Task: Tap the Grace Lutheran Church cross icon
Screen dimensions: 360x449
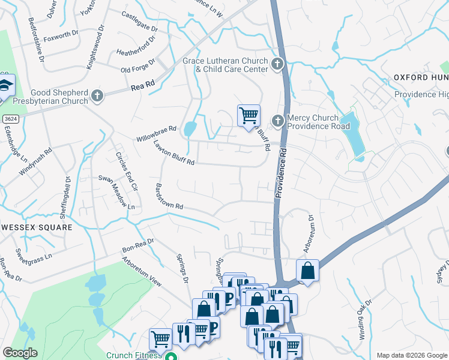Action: [277, 64]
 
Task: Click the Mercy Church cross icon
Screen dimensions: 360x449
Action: [277, 121]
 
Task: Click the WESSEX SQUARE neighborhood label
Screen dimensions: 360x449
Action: [36, 227]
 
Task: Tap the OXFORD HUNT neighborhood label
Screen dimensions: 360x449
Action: [421, 77]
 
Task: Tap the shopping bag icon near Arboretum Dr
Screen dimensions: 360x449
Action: [307, 271]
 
